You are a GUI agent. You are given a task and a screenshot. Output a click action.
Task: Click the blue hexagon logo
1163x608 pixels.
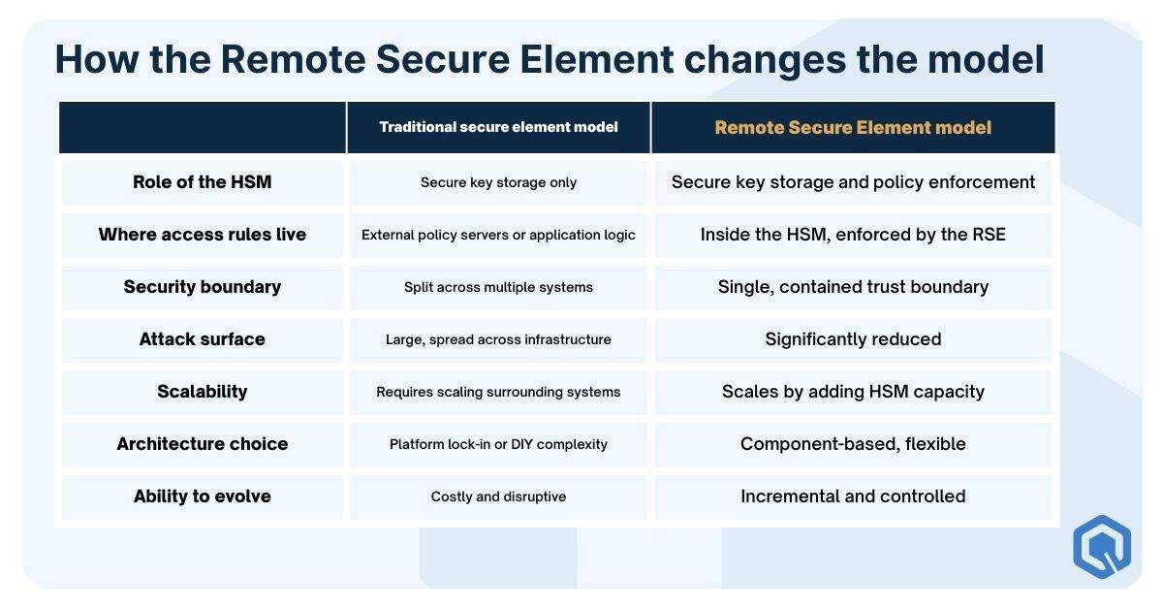tap(1102, 547)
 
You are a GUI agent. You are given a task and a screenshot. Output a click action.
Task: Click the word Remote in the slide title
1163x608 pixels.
tap(294, 59)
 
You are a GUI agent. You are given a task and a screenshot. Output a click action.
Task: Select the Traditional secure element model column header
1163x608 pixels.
tap(498, 127)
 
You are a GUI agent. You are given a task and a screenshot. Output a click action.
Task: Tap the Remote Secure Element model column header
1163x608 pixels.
tap(853, 127)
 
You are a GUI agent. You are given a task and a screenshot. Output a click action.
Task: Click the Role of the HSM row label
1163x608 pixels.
tap(202, 182)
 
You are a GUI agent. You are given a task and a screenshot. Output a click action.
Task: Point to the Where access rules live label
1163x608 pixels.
tap(202, 235)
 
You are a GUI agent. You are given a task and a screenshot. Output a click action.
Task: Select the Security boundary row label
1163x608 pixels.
tap(202, 287)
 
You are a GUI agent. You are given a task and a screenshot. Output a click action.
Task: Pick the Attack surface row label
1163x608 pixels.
tap(202, 339)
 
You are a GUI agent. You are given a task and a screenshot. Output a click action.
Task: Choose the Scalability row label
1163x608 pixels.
tap(202, 392)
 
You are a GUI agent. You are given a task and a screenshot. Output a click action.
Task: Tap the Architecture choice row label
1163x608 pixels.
tap(202, 444)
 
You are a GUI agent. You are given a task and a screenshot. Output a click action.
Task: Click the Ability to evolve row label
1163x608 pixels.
tap(202, 496)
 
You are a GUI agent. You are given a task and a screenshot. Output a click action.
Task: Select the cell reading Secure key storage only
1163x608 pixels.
tap(498, 182)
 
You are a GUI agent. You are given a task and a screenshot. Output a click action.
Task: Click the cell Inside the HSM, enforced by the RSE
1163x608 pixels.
tap(853, 235)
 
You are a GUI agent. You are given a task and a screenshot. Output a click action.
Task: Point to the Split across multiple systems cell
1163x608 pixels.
tap(498, 287)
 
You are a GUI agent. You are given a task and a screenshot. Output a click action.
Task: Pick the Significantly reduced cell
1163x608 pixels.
tap(853, 339)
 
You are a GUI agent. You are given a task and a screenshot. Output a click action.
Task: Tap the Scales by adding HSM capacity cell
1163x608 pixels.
tap(853, 392)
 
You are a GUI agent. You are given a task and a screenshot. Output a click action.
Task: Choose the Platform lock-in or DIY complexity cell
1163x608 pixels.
tap(498, 444)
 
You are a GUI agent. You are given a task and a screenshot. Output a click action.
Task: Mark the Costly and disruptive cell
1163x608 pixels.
tap(498, 496)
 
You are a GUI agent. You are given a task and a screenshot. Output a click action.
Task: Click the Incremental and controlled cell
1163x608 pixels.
tap(853, 496)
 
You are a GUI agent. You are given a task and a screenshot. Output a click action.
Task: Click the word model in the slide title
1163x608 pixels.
tap(986, 59)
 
